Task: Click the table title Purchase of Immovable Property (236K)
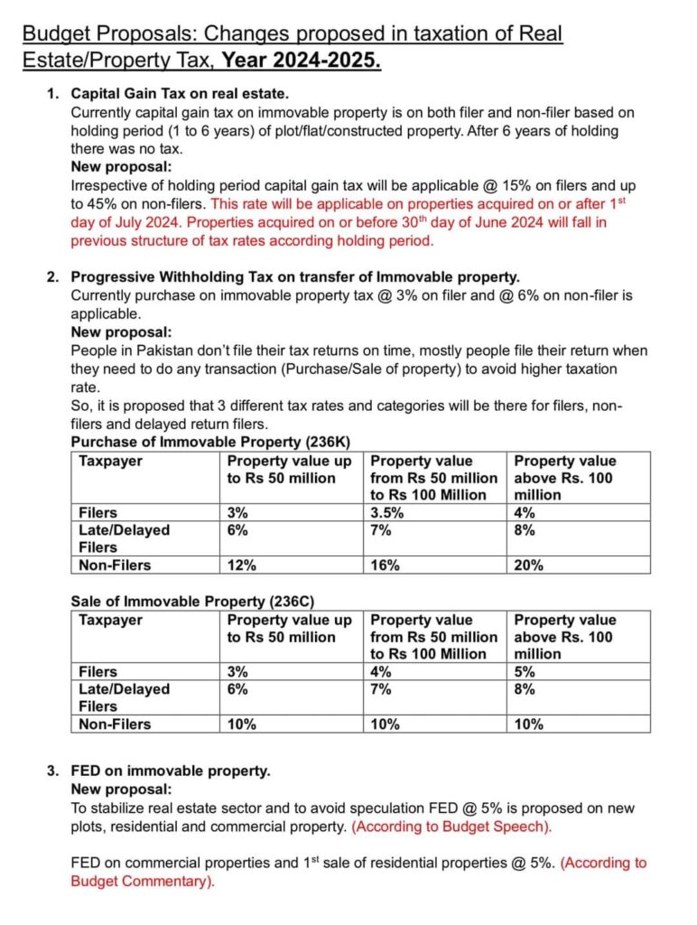pyautogui.click(x=210, y=442)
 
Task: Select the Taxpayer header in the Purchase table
pyautogui.click(x=110, y=461)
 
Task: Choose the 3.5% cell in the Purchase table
pyautogui.click(x=388, y=513)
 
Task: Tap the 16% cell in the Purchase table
pyautogui.click(x=385, y=565)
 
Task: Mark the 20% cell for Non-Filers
pyautogui.click(x=528, y=565)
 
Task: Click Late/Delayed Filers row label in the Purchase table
pyautogui.click(x=124, y=538)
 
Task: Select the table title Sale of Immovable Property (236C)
pyautogui.click(x=192, y=601)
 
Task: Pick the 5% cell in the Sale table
pyautogui.click(x=524, y=672)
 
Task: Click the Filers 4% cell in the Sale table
pyautogui.click(x=381, y=672)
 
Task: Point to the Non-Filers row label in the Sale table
pyautogui.click(x=115, y=724)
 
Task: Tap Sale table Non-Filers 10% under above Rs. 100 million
pyautogui.click(x=528, y=724)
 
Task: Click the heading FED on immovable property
pyautogui.click(x=171, y=771)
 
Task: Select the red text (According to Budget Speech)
pyautogui.click(x=451, y=826)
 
